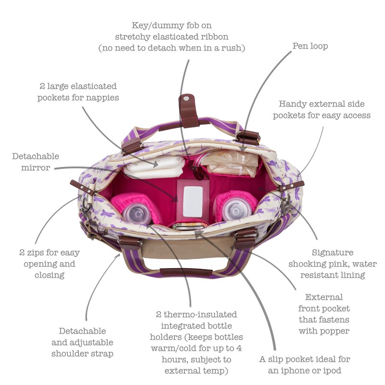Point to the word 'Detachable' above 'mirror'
[x=36, y=156]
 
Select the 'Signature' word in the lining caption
[x=333, y=253]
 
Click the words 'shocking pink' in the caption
[x=315, y=264]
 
